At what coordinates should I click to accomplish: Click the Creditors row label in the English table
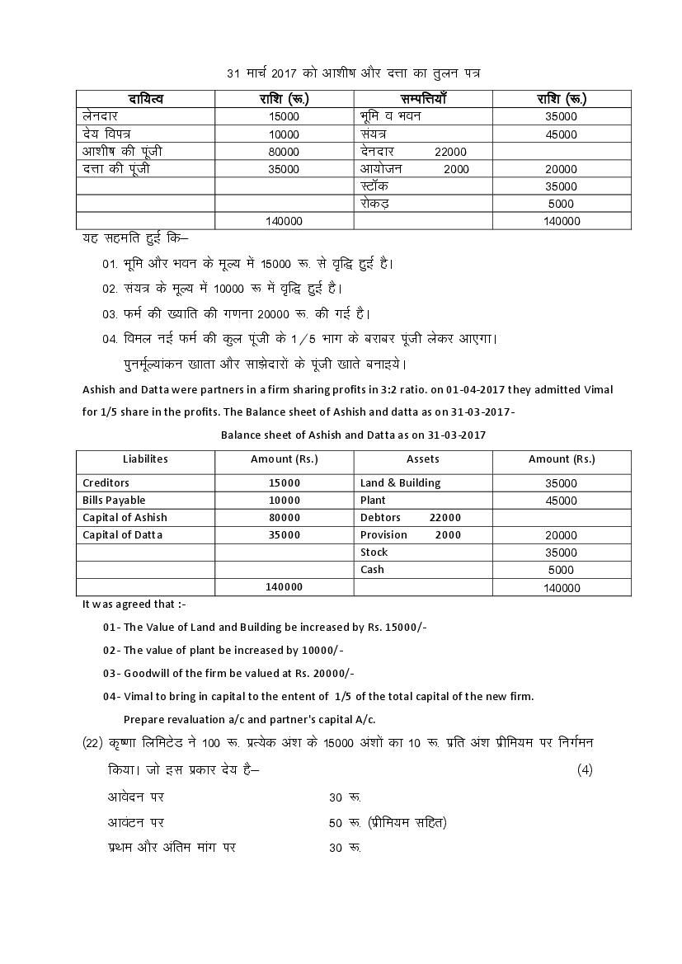[x=106, y=482]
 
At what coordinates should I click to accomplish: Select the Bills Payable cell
[x=114, y=500]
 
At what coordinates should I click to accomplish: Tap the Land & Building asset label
[x=400, y=482]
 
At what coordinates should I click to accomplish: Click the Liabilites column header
[x=145, y=459]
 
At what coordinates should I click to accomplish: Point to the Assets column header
[x=422, y=459]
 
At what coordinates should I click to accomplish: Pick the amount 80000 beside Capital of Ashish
[x=284, y=518]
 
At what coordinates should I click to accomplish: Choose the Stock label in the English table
[x=374, y=552]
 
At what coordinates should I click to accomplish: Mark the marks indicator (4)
[x=584, y=770]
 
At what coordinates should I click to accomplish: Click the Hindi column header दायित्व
[x=146, y=99]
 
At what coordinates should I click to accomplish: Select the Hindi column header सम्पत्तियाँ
[x=423, y=99]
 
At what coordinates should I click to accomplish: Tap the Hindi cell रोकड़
[x=375, y=203]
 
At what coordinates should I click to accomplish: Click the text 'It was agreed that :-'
[x=134, y=604]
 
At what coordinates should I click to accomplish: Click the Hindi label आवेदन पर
[x=136, y=797]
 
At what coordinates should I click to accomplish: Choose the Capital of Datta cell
[x=122, y=534]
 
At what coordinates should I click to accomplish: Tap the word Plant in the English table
[x=373, y=500]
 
